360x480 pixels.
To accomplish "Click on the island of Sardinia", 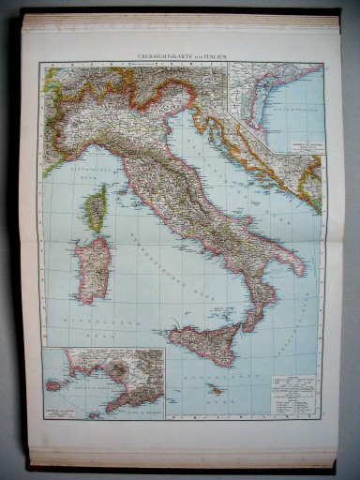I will [x=94, y=268].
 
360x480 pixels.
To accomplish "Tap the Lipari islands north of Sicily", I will [x=218, y=307].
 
